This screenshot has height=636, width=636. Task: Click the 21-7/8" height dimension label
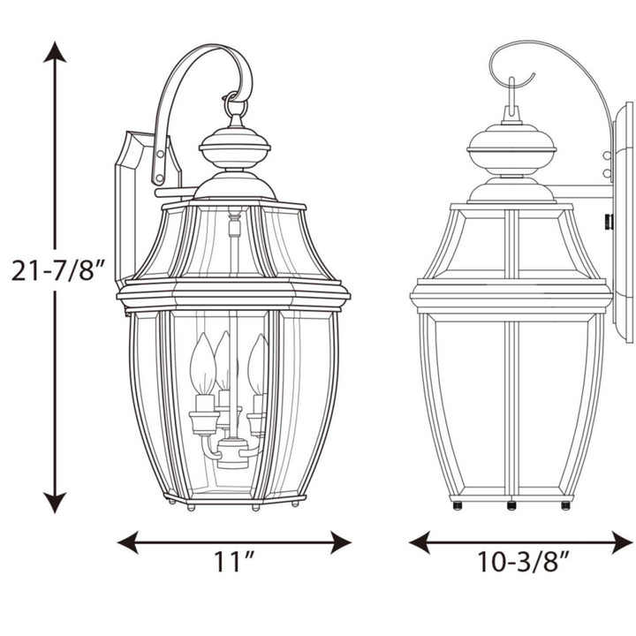click(x=59, y=270)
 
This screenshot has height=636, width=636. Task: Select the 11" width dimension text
click(x=235, y=561)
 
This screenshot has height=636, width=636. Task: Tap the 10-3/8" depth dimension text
click(x=523, y=561)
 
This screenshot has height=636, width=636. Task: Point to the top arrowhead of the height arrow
click(x=56, y=53)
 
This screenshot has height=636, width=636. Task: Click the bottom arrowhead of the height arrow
click(x=56, y=502)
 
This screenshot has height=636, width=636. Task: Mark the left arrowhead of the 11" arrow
click(x=129, y=542)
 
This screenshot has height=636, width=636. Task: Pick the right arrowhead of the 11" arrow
click(x=340, y=542)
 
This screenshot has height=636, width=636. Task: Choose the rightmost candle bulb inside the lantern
click(x=258, y=363)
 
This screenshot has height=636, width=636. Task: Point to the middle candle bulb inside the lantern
click(x=223, y=358)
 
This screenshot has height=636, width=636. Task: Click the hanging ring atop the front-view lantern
click(x=235, y=107)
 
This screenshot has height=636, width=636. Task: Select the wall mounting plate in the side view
click(x=623, y=221)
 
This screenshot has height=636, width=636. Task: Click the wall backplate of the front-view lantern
click(x=132, y=203)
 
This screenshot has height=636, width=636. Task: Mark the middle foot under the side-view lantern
click(x=511, y=505)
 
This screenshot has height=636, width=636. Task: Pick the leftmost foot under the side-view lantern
click(x=457, y=505)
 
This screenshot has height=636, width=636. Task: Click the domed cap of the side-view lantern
click(x=511, y=146)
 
